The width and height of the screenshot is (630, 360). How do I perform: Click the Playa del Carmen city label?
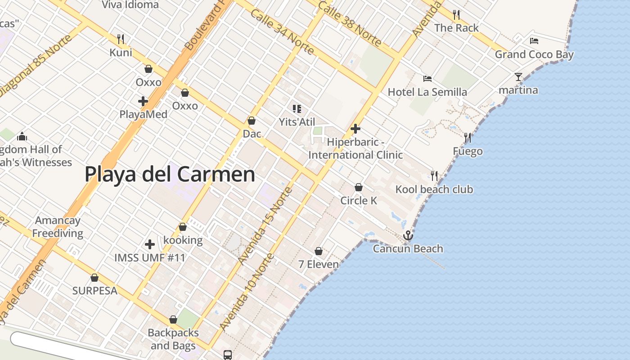(x=170, y=174)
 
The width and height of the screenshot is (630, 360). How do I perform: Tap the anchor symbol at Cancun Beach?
(x=408, y=235)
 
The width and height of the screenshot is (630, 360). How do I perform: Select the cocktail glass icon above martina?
(x=518, y=77)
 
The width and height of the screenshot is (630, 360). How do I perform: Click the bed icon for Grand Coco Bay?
(x=534, y=41)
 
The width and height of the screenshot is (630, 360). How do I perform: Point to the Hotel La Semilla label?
(x=427, y=92)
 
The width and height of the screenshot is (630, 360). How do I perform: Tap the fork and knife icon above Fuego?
(x=468, y=138)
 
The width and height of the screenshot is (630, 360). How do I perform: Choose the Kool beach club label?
(x=434, y=189)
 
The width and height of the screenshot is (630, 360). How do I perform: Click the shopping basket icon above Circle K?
(x=359, y=187)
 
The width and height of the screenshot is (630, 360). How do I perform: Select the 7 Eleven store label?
(x=319, y=264)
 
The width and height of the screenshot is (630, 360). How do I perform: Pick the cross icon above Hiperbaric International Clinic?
(x=355, y=129)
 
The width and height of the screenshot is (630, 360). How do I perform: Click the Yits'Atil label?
(x=297, y=122)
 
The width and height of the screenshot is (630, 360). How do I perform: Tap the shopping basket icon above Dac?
(x=252, y=121)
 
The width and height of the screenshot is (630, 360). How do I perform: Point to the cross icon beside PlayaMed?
(x=143, y=101)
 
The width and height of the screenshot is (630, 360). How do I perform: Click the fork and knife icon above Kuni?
(x=121, y=39)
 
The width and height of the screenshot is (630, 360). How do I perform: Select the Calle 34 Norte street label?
(x=282, y=32)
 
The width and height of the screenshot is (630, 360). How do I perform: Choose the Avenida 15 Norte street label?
(x=265, y=225)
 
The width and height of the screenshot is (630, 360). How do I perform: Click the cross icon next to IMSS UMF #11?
(x=150, y=244)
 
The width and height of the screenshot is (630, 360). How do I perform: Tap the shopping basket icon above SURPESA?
(x=94, y=278)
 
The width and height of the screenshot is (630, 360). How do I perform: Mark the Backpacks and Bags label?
(x=173, y=339)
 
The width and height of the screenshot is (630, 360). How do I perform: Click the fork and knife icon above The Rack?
(x=456, y=15)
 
